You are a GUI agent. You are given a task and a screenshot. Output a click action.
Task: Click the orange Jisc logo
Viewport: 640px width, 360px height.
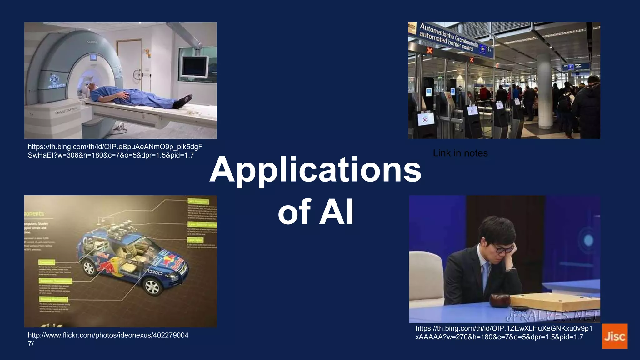click(x=615, y=336)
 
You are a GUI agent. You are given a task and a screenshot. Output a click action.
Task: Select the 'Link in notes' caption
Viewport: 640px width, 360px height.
click(x=460, y=153)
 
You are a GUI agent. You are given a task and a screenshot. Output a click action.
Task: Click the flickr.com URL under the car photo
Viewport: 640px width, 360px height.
click(x=108, y=339)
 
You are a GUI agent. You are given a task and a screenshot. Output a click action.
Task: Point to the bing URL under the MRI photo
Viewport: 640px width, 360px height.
click(x=115, y=151)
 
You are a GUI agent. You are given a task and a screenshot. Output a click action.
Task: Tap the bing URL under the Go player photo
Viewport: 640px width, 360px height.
click(x=504, y=332)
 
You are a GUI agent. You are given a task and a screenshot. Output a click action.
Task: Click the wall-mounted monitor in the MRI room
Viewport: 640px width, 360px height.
click(x=196, y=67)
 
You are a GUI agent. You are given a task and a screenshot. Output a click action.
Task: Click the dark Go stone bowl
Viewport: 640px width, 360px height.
click(x=500, y=300)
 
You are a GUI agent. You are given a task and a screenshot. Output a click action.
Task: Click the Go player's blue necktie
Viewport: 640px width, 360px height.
click(x=486, y=275)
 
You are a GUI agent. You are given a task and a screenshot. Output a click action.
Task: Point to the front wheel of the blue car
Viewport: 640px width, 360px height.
click(x=152, y=286)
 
